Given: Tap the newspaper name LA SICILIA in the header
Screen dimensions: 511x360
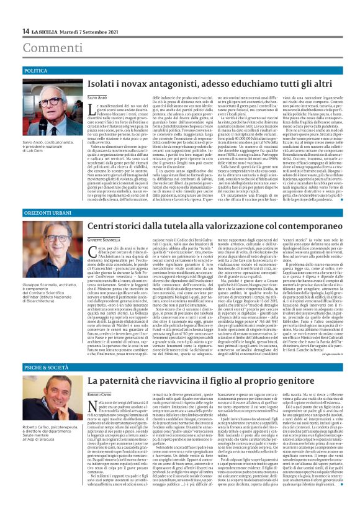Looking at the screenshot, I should [x=47, y=31].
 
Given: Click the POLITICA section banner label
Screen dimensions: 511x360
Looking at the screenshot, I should [x=36, y=71].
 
